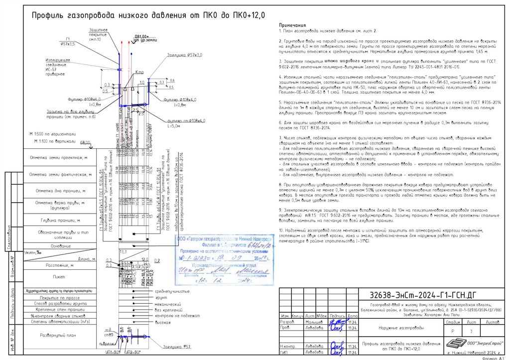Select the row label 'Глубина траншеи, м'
pos(59,220)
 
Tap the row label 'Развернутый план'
pos(58,335)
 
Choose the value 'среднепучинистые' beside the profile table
pos(172,290)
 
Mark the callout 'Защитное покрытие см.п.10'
pos(99,34)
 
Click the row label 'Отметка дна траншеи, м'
pos(59,191)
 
